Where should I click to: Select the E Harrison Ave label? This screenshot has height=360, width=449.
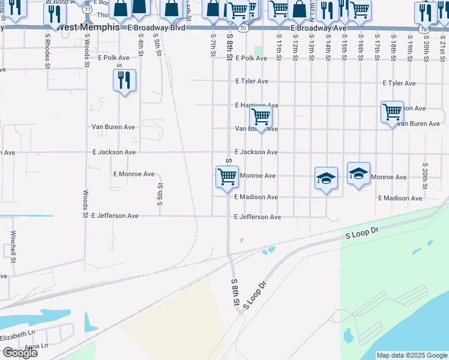coord(256,105)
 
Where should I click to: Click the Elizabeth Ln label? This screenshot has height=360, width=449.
coord(18,333)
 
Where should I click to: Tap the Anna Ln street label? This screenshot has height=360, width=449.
coord(36,346)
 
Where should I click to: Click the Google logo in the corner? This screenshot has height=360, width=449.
coord(20,353)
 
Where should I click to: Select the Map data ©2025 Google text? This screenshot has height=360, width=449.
coord(411,355)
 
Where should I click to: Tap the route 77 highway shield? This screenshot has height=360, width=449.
coord(87,10)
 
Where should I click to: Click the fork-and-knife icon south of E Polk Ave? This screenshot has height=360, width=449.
coord(124,80)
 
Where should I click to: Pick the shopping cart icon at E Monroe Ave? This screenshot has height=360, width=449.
coord(227,177)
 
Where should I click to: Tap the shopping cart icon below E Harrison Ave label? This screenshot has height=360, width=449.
coord(261,116)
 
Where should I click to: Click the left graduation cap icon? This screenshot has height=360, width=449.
coord(326,178)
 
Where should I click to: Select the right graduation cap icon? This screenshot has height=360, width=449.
coord(358,173)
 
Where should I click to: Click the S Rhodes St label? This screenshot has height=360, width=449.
coord(47,45)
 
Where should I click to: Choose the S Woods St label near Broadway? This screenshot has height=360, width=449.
coord(86,45)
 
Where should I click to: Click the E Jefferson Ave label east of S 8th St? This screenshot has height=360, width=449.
coord(258,217)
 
